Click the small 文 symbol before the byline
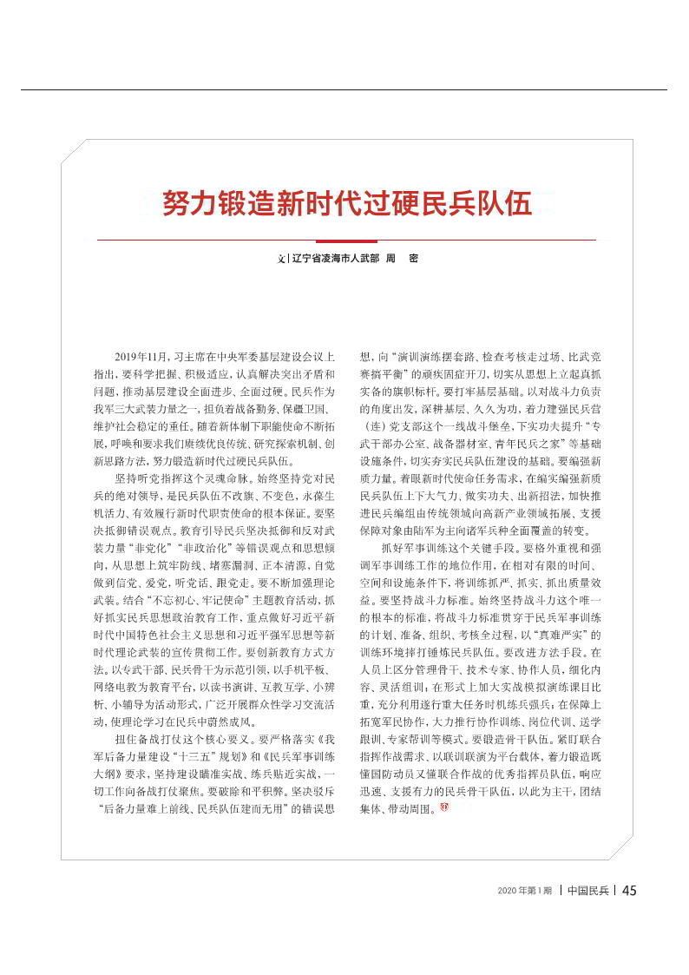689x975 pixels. (x=280, y=259)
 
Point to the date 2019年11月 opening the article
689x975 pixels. (x=141, y=357)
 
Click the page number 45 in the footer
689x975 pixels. (x=630, y=890)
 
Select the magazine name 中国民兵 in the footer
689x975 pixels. (x=587, y=891)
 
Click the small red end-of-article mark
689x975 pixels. (x=445, y=809)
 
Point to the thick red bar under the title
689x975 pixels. (x=346, y=240)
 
